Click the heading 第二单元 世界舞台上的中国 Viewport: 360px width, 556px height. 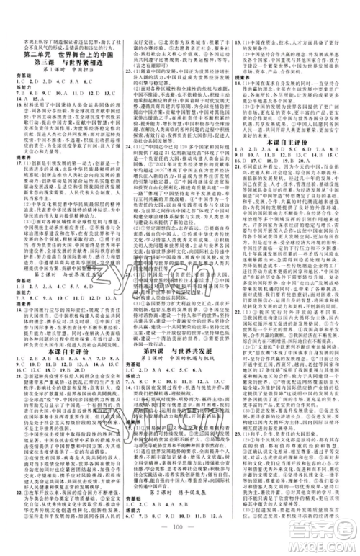point(65,54)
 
